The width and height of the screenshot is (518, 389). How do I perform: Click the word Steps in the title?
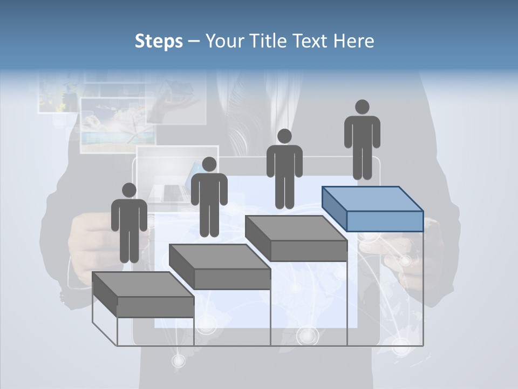coord(159,42)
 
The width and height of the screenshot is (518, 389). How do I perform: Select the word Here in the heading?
coord(353,41)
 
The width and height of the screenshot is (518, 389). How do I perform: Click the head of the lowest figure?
coord(129,190)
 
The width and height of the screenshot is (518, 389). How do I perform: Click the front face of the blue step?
coord(385,221)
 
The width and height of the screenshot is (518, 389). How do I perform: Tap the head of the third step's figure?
coord(284,136)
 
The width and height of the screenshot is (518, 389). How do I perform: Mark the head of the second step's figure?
coord(209,164)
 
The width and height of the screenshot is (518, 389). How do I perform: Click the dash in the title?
coord(192,42)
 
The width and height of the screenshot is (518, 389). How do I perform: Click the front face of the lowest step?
coord(155,307)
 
